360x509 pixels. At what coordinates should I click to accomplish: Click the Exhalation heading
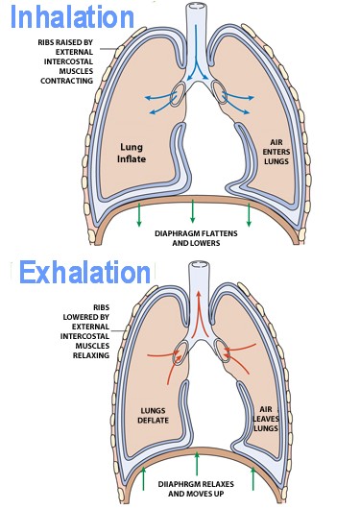tap(85, 272)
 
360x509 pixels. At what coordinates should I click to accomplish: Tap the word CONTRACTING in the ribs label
tap(67, 81)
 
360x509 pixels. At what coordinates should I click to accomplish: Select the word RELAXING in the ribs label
tap(91, 355)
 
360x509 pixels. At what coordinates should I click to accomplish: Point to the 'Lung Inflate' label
tap(132, 154)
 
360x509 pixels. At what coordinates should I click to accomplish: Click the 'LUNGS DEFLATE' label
tap(153, 416)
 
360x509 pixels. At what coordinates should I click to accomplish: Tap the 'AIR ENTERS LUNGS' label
tap(276, 152)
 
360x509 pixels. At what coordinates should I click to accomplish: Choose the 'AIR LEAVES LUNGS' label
tap(266, 419)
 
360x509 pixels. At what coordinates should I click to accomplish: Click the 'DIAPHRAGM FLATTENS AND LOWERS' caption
tap(196, 238)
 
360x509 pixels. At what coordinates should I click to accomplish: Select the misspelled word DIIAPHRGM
tap(178, 484)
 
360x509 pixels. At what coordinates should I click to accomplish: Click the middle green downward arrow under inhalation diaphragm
tap(193, 211)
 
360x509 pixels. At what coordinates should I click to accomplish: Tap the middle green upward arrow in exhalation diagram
tap(197, 464)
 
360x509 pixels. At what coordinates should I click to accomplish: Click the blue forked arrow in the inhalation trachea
tap(196, 52)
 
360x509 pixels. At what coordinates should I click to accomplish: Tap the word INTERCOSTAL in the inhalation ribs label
tap(68, 61)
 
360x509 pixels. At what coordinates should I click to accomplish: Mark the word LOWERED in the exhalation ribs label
tap(86, 317)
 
